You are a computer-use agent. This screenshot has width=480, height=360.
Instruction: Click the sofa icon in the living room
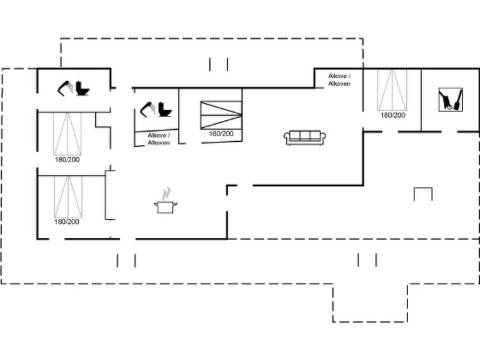coord(305,137)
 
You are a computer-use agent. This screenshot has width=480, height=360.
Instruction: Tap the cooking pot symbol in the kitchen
coord(165,207)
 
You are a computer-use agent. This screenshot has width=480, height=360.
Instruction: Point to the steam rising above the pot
coord(166,193)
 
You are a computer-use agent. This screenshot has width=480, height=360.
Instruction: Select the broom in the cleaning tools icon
coord(457,100)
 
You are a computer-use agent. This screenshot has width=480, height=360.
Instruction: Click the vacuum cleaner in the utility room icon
coord(446,99)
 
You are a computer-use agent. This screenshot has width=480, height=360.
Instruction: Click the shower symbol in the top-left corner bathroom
coord(65,88)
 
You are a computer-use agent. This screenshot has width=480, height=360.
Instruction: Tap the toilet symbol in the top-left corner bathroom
coord(83,88)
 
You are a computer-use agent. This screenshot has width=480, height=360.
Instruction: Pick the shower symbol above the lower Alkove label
coord(148,109)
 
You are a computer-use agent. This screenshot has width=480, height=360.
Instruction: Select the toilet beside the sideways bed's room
coord(165,109)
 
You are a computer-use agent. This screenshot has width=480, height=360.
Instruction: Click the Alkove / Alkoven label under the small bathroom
coord(158,139)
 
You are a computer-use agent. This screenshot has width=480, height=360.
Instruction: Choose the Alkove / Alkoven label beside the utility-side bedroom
coord(339,80)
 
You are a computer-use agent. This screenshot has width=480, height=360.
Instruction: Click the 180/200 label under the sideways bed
coord(221,134)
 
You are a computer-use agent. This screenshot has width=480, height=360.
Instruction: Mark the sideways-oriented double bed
coord(221,115)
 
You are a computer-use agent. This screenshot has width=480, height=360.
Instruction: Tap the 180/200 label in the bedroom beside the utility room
coord(393,115)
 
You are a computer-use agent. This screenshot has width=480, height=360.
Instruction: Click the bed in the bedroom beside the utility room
coord(392,90)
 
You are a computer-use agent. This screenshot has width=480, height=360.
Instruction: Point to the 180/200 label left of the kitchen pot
coord(66,221)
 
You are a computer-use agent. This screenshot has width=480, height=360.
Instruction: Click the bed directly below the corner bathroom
coord(67,134)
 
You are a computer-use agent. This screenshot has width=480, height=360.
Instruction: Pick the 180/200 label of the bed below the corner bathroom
coord(67,160)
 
